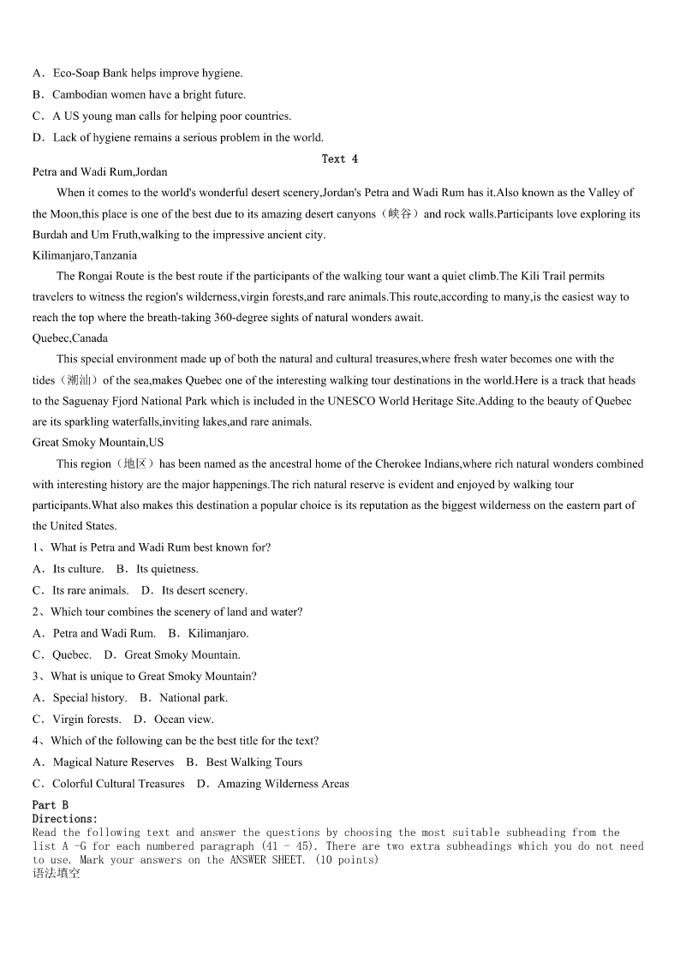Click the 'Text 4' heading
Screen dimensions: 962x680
pyautogui.click(x=340, y=158)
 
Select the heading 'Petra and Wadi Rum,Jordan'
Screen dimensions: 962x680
pyautogui.click(x=100, y=172)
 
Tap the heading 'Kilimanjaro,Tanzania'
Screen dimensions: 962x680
pyautogui.click(x=85, y=255)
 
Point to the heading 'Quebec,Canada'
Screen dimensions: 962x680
pyautogui.click(x=70, y=338)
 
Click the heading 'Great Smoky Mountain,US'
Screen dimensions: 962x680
pyautogui.click(x=98, y=442)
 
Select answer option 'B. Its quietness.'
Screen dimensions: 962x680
pyautogui.click(x=158, y=569)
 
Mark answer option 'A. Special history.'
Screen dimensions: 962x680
pyautogui.click(x=80, y=697)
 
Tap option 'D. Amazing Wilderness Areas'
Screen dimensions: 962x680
pyautogui.click(x=273, y=783)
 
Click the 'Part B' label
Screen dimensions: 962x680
pyautogui.click(x=51, y=805)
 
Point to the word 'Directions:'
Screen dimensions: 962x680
pyautogui.click(x=65, y=819)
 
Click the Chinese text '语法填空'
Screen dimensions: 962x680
pyautogui.click(x=57, y=874)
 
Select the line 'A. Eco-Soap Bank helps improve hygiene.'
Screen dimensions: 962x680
pyautogui.click(x=137, y=74)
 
